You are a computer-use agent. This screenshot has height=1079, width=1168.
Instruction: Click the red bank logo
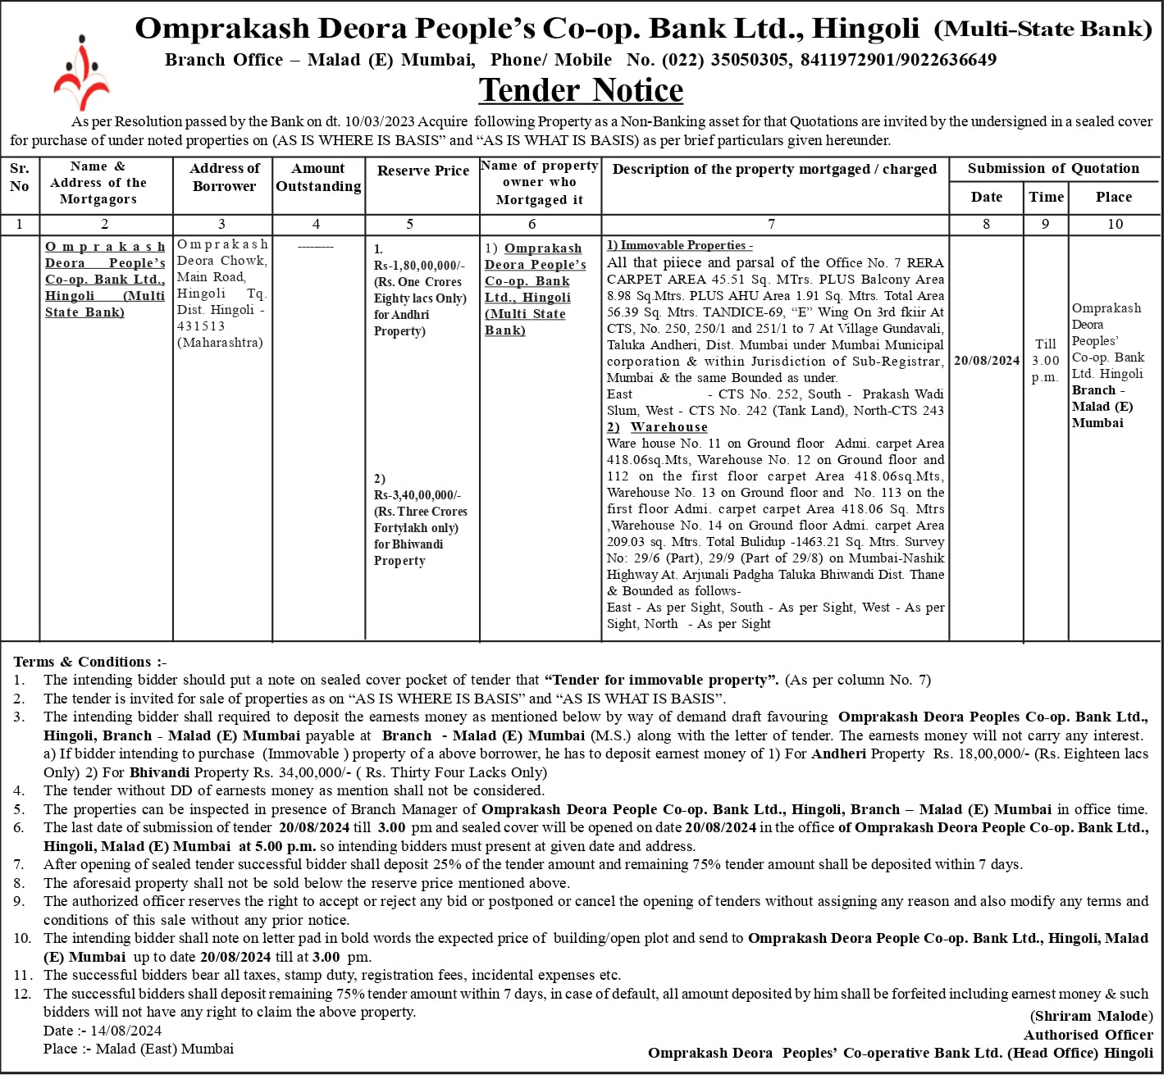coord(81,73)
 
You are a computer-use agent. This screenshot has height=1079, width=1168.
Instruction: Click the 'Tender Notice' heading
coord(581,90)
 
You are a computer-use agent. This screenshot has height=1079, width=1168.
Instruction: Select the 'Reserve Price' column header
coord(422,171)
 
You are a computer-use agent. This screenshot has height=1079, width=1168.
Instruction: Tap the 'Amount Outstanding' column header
coord(318,177)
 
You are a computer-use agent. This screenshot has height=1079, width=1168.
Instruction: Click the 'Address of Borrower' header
coord(224,177)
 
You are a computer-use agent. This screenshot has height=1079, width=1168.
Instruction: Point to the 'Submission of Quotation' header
coord(1053,168)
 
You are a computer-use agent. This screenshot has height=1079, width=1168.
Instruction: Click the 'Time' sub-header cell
coord(1046,197)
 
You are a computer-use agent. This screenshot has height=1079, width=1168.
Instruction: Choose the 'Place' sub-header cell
coord(1113,197)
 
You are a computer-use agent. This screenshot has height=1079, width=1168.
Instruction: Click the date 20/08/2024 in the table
coord(987,361)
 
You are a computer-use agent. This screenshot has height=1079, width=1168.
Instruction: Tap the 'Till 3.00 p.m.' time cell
coord(1046,361)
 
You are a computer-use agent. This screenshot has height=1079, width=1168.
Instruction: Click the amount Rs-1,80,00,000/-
coord(419,266)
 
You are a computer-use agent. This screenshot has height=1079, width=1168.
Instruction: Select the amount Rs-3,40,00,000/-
coord(417,495)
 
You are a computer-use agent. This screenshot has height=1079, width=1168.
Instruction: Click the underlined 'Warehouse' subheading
coord(668,427)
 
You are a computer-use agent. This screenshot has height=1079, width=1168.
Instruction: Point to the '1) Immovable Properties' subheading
coord(679,245)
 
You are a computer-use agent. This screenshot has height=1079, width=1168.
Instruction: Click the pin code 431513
coord(201,326)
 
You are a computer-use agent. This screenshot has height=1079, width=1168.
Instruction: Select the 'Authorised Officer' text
coord(1088,1035)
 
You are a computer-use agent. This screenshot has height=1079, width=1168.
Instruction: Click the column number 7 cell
coord(771,224)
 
